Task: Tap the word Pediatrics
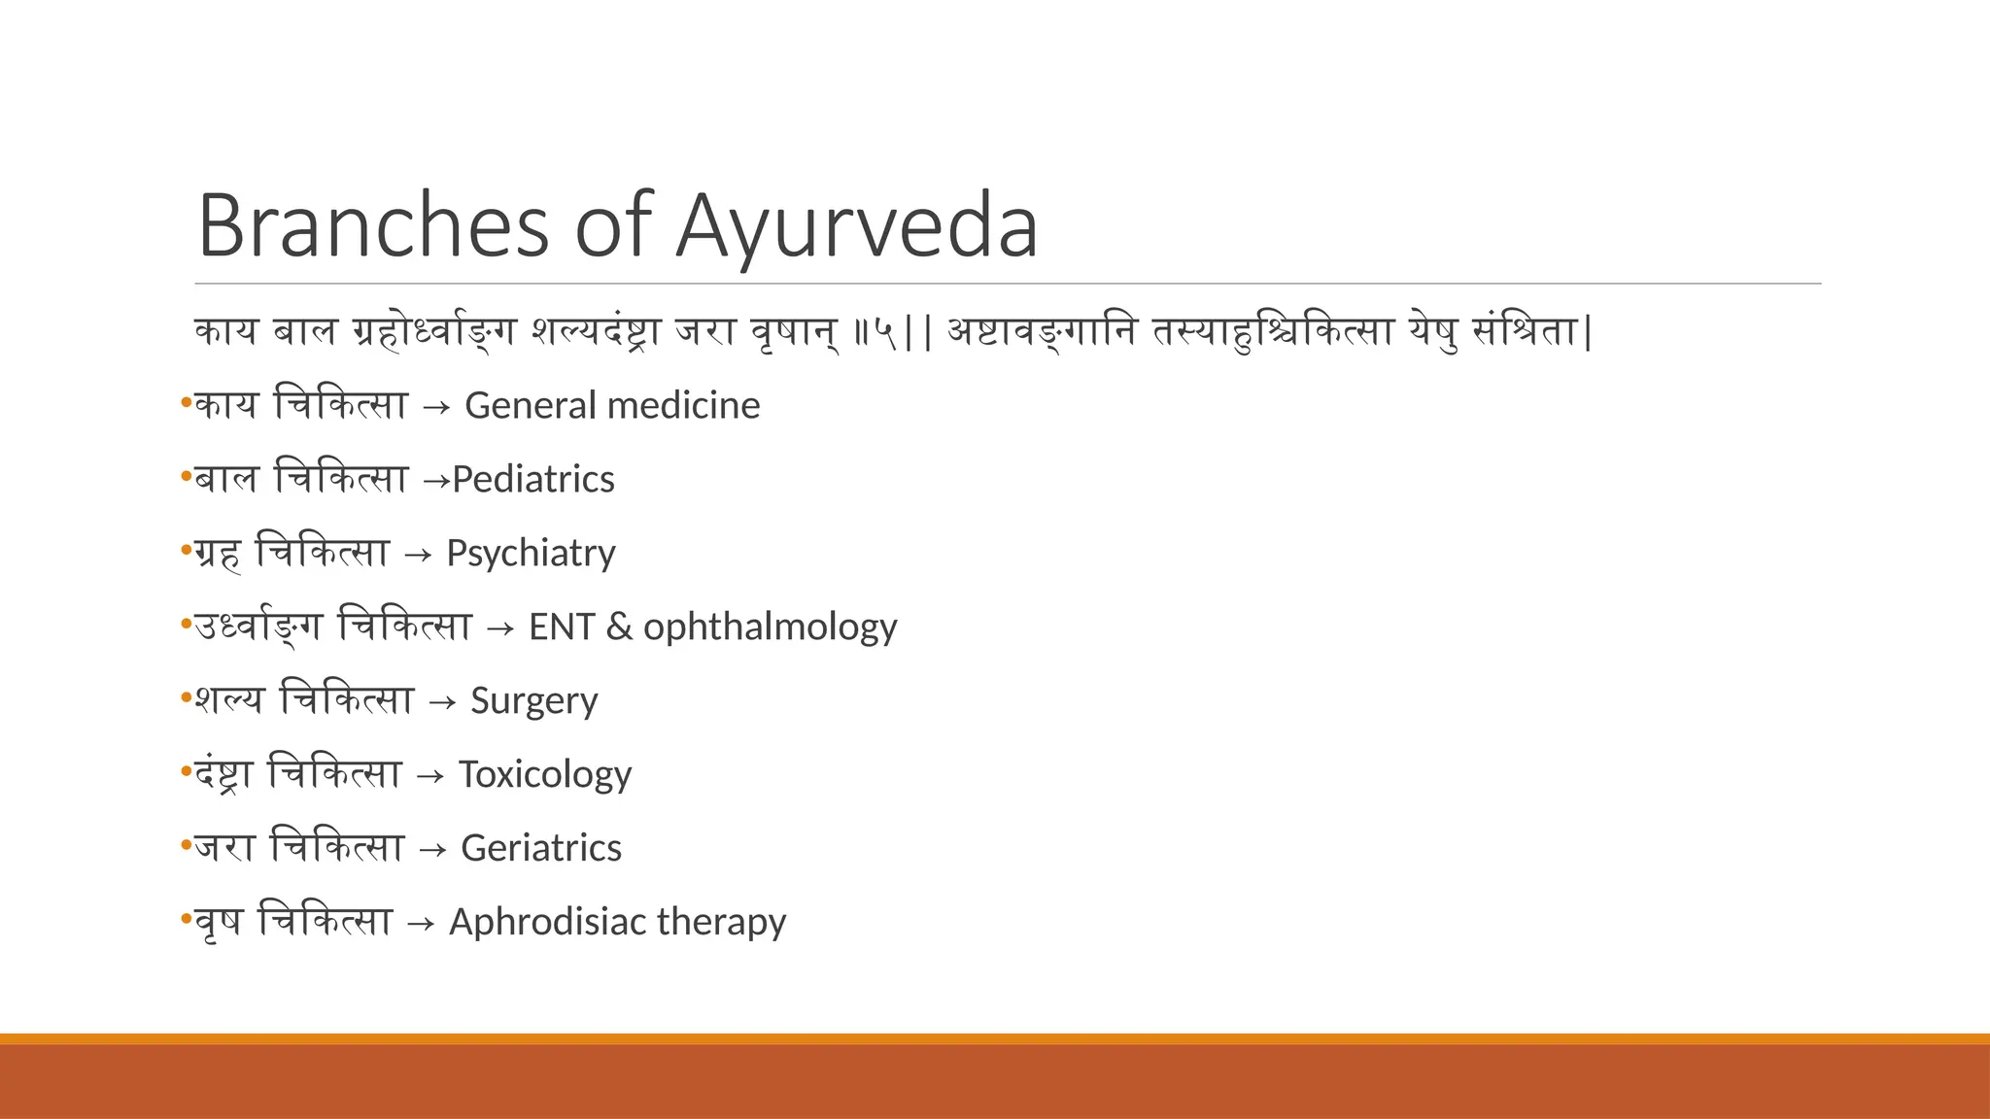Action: [x=533, y=479]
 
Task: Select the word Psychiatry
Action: [x=531, y=554]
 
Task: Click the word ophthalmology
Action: [x=770, y=627]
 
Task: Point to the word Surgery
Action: [x=533, y=701]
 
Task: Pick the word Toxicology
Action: [x=545, y=774]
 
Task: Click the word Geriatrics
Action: [x=540, y=848]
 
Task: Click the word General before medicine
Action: [x=517, y=405]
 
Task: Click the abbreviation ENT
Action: [x=561, y=627]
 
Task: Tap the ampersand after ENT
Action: [x=618, y=627]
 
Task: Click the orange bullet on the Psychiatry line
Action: [x=186, y=551]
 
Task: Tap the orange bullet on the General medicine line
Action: [x=186, y=403]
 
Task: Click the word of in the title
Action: [x=612, y=226]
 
